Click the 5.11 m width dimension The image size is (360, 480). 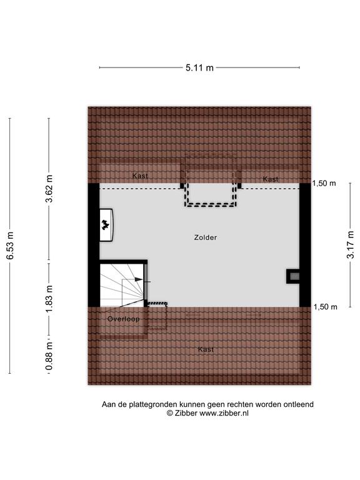199,67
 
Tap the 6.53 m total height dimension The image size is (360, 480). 11,246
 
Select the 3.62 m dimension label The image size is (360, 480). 49,189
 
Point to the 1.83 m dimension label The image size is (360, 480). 49,299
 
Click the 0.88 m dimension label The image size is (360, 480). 49,356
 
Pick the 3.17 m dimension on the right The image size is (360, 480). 350,245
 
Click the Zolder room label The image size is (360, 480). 206,237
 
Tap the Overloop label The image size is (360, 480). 123,319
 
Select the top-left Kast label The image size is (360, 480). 140,176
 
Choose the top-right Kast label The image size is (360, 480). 271,179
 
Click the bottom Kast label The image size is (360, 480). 206,349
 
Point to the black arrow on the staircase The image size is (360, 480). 139,279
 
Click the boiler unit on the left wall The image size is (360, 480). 106,225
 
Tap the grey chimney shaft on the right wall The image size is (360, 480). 293,276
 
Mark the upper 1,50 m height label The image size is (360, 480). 324,183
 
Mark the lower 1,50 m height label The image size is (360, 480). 326,307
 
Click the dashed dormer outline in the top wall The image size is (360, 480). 210,206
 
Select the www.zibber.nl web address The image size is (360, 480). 224,413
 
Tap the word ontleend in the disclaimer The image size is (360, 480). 299,404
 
